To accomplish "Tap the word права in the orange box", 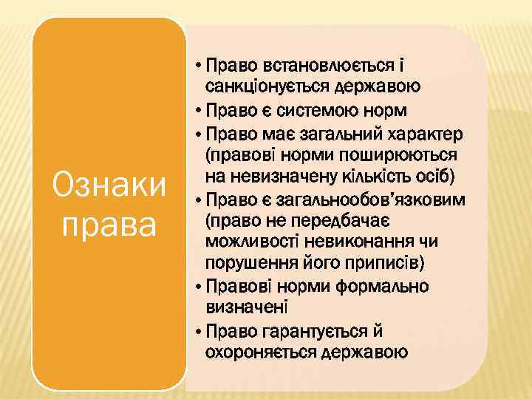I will click(109, 222).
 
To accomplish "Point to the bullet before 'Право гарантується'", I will click(201, 330).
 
